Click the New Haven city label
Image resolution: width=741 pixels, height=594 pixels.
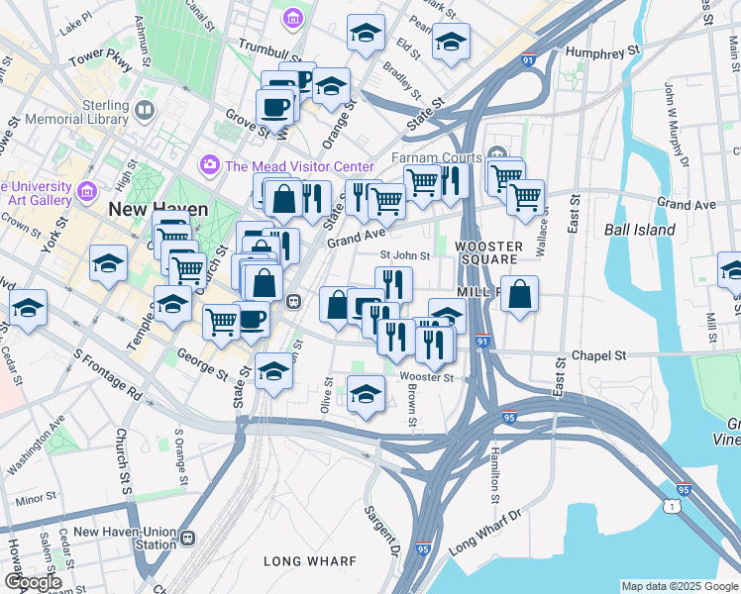click(x=158, y=209)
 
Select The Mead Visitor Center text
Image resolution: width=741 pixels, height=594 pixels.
click(x=299, y=166)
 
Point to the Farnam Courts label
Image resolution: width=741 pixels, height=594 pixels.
click(x=435, y=158)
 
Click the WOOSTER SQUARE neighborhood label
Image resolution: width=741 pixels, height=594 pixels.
click(x=488, y=251)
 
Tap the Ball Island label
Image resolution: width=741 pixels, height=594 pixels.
click(x=639, y=230)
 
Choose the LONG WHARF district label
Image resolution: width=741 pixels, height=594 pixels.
click(x=309, y=561)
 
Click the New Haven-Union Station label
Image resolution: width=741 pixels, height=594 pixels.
click(x=125, y=538)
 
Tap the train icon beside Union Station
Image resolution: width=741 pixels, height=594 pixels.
click(x=188, y=539)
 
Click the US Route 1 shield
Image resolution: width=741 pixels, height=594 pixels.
click(x=674, y=507)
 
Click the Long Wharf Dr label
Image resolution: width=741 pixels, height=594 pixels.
click(x=484, y=532)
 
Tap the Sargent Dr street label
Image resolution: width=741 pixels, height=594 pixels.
click(x=379, y=530)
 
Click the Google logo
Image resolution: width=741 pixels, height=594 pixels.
click(x=34, y=582)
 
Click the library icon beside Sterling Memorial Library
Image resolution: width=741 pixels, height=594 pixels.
click(x=146, y=109)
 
